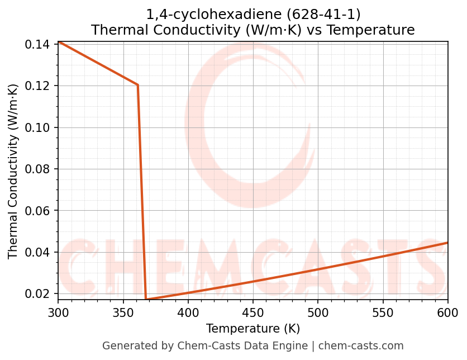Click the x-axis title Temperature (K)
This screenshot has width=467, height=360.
click(x=253, y=329)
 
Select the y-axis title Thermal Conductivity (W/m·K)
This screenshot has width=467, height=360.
click(x=13, y=171)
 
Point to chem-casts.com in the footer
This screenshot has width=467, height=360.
click(x=361, y=346)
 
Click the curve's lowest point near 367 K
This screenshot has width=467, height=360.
click(x=146, y=300)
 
